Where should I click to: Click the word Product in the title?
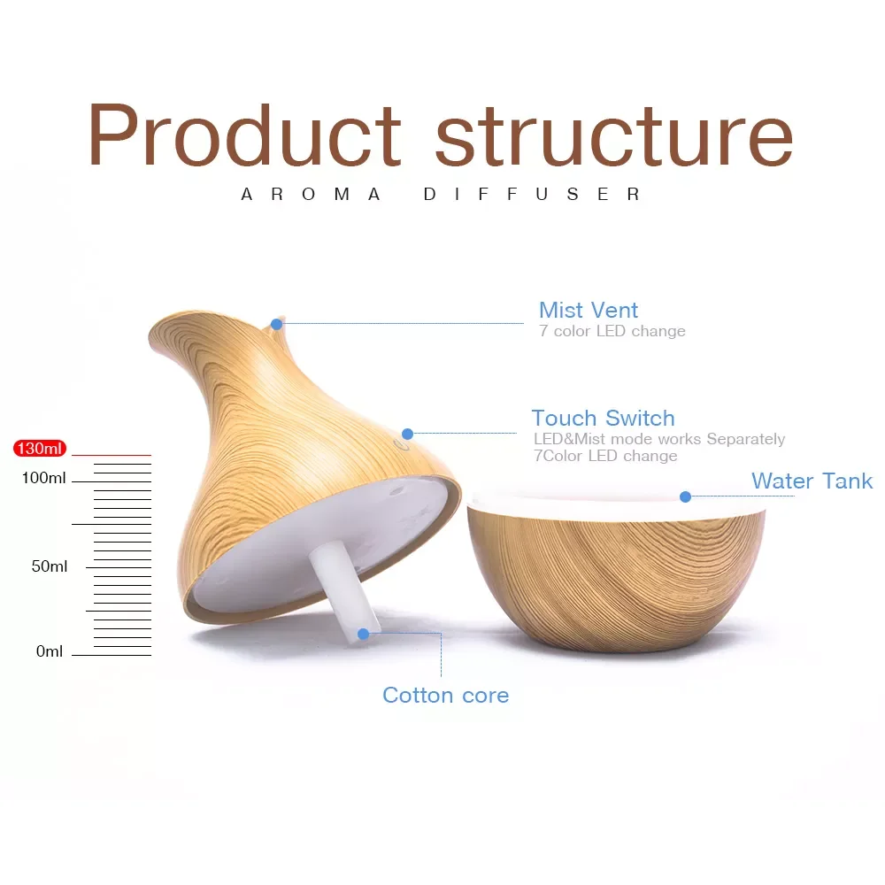coord(245,135)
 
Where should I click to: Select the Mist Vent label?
coord(589,310)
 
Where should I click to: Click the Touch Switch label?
coord(603,419)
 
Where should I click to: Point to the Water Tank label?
coord(812,481)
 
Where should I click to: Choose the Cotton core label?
coord(445,696)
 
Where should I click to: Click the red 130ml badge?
coord(40,448)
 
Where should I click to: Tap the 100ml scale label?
coord(43,478)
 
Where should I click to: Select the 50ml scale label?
coord(49,566)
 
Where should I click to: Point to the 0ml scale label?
coord(49,651)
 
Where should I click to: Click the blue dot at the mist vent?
coord(276,324)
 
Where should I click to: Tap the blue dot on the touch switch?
coord(407,434)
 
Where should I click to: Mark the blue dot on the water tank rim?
coord(685,496)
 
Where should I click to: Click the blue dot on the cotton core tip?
coord(364,634)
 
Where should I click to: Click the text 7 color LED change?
coord(612,331)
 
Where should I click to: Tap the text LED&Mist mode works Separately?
coord(659,439)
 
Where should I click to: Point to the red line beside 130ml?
coord(112,455)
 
